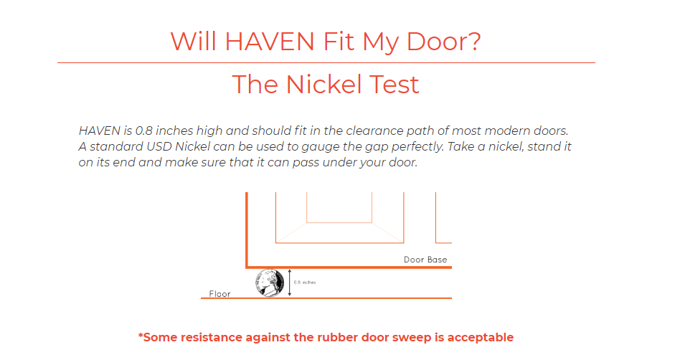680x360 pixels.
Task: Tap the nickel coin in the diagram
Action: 270,283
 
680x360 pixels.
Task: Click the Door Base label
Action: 425,260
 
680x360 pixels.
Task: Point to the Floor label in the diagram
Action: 219,293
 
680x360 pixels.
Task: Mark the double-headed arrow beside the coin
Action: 289,283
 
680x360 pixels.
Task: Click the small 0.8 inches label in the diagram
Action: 305,283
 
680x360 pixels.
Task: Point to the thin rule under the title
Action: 326,63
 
